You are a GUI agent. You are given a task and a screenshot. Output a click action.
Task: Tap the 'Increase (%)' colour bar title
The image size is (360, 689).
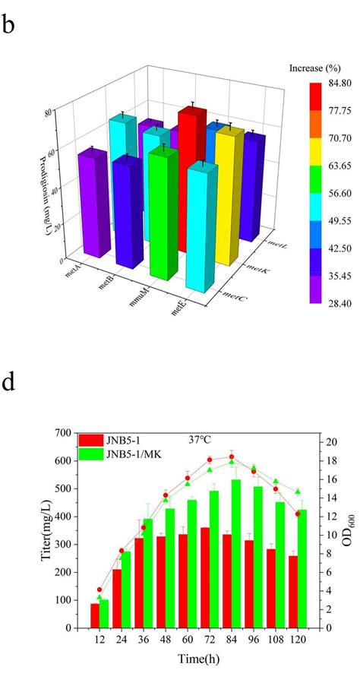click(x=312, y=68)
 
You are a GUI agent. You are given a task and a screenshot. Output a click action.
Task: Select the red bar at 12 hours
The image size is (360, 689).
click(x=95, y=615)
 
